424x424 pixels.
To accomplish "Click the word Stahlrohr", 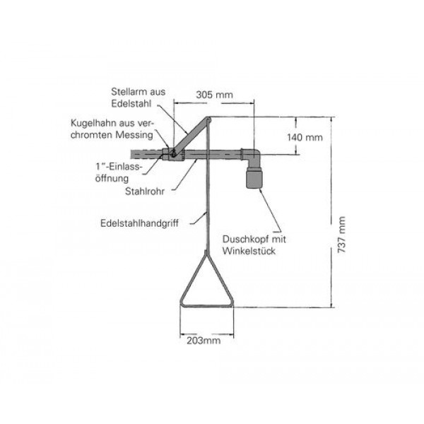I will (x=142, y=190).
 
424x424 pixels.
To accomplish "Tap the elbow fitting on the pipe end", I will (x=252, y=155).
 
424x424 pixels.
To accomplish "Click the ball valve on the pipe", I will (x=169, y=153).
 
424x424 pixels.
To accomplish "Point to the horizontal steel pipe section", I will (x=212, y=153).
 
